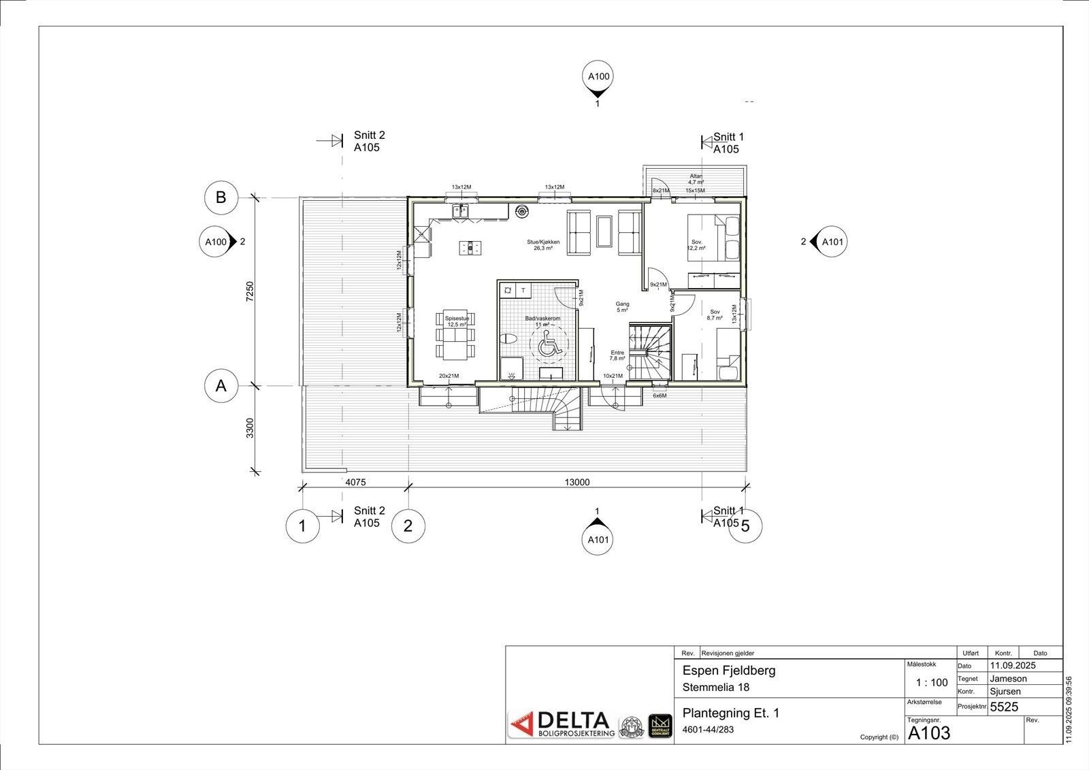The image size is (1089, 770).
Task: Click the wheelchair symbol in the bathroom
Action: (x=547, y=348)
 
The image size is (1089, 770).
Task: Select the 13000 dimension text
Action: (x=576, y=482)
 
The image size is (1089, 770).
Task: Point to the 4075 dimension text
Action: (x=355, y=482)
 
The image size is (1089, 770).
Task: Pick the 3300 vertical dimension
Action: (x=250, y=428)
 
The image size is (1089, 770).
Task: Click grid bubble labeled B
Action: (x=221, y=197)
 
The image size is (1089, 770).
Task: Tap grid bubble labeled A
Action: (x=221, y=386)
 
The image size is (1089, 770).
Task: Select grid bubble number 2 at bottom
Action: (x=408, y=526)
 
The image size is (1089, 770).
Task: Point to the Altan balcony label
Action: (x=696, y=179)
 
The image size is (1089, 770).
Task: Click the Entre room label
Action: (x=617, y=355)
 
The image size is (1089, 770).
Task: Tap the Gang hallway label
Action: (x=622, y=307)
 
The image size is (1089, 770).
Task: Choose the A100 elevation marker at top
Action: (x=598, y=76)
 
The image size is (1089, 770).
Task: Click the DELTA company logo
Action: (x=562, y=724)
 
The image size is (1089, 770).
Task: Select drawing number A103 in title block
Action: (x=929, y=733)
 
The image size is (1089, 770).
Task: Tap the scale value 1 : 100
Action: (x=931, y=683)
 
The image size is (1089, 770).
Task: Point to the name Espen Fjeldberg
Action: (x=728, y=671)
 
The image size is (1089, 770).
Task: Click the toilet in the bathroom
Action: (x=508, y=338)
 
